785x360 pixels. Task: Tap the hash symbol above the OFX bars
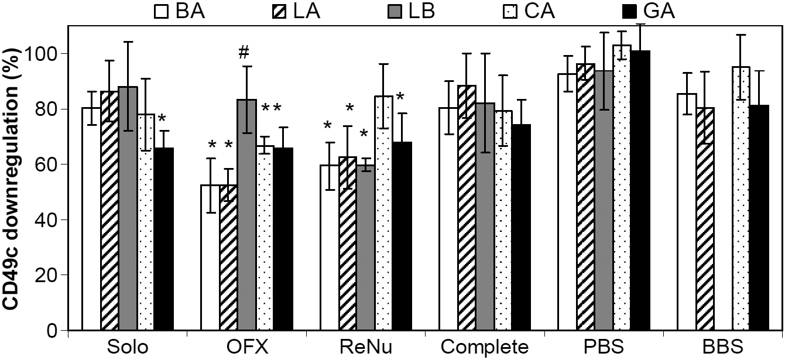[x=244, y=53]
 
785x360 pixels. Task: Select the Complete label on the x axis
[x=480, y=348]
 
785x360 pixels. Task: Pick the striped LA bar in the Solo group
[x=109, y=211]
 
